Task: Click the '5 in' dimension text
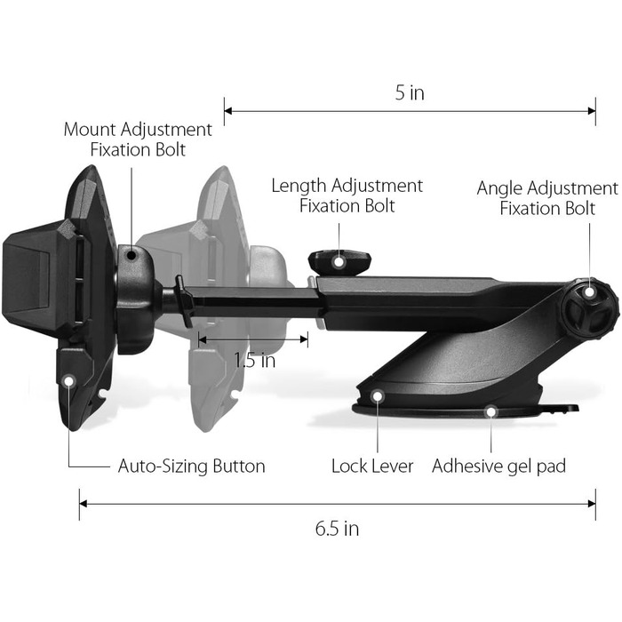[410, 93]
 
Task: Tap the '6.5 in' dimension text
[337, 529]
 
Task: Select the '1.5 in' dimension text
[255, 361]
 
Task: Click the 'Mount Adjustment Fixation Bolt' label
[138, 140]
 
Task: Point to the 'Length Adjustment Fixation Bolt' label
[347, 195]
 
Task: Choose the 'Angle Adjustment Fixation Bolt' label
[546, 198]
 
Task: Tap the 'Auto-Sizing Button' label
[191, 466]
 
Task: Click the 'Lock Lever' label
[372, 466]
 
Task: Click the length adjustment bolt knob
[339, 260]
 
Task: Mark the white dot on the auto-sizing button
[69, 379]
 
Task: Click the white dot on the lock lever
[378, 397]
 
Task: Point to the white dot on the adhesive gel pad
[490, 411]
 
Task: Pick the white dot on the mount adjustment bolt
[132, 256]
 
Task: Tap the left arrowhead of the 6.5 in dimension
[83, 503]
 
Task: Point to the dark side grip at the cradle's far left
[22, 275]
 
